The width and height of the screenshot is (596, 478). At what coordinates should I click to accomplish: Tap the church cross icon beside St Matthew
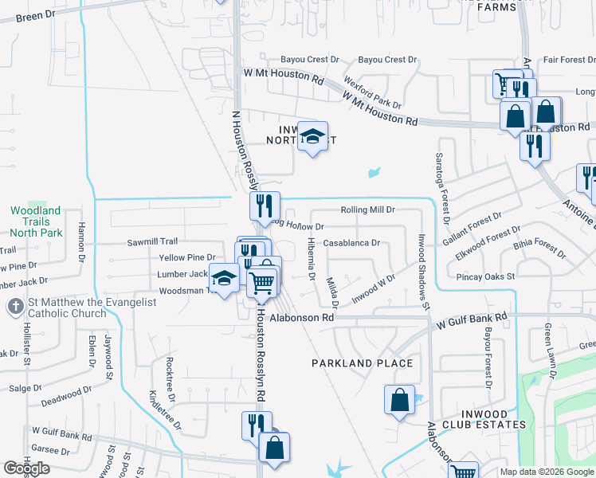(x=13, y=307)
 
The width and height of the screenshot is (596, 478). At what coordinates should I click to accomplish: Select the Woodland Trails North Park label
(x=35, y=221)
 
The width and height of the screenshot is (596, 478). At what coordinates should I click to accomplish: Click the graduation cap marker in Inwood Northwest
(x=312, y=136)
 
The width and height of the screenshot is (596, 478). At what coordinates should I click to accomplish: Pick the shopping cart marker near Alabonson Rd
(x=262, y=283)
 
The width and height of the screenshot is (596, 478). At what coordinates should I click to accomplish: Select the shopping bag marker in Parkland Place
(x=399, y=400)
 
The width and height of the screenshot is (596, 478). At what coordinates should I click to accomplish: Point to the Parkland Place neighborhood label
(x=363, y=363)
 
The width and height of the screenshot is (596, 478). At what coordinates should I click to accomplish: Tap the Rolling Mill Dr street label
(x=368, y=210)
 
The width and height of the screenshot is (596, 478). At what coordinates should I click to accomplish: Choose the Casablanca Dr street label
(x=352, y=243)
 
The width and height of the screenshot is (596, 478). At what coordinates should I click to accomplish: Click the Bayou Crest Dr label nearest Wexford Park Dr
(x=388, y=60)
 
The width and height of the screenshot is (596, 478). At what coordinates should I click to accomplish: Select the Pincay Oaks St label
(x=486, y=276)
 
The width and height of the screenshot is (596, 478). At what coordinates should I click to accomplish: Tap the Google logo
(x=27, y=468)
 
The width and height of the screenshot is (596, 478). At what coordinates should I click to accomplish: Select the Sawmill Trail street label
(x=152, y=241)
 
